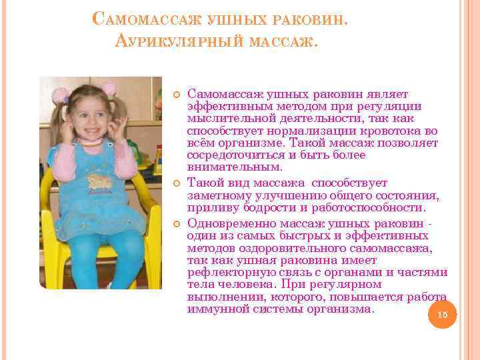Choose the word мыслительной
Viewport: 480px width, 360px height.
223,118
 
